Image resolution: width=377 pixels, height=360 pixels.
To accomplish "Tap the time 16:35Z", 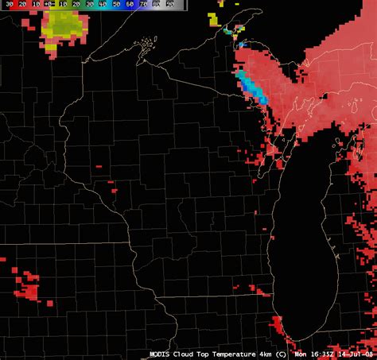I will coord(324,354).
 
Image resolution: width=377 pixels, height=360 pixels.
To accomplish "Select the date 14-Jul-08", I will coord(356,354).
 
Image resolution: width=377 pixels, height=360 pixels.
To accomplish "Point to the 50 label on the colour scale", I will coord(116,5).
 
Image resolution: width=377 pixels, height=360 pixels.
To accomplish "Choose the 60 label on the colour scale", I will coord(130,5).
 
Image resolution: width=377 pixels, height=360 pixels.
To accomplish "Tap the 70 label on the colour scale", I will coord(143,5).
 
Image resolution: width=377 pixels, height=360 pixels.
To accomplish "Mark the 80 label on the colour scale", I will coord(157,5).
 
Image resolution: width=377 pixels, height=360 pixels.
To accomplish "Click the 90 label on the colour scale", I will coord(169,5).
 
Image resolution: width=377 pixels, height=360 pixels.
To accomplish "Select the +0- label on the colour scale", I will coord(49,5).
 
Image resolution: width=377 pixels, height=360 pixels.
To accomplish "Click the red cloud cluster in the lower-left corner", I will coord(29,285).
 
